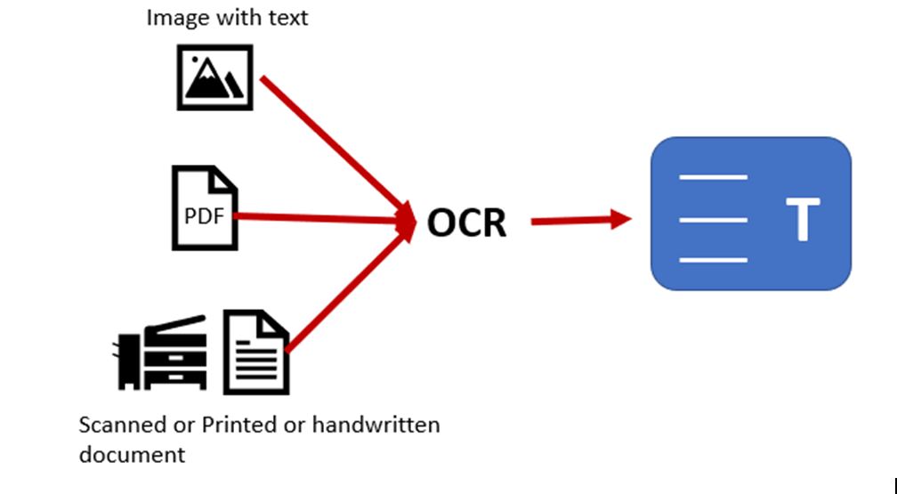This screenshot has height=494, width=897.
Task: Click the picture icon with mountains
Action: pyautogui.click(x=214, y=77)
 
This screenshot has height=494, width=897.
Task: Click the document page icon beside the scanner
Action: pyautogui.click(x=255, y=352)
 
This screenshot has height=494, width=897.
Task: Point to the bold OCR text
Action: pyautogui.click(x=466, y=222)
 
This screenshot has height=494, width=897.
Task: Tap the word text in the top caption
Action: pyautogui.click(x=287, y=17)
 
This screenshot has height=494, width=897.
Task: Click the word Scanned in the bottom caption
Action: pyautogui.click(x=116, y=425)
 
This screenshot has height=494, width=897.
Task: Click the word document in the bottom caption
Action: pyautogui.click(x=132, y=454)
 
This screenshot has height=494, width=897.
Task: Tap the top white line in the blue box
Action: pyautogui.click(x=713, y=177)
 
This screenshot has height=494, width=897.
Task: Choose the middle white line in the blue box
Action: pyautogui.click(x=713, y=218)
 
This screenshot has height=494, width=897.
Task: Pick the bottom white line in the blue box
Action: pyautogui.click(x=713, y=260)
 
